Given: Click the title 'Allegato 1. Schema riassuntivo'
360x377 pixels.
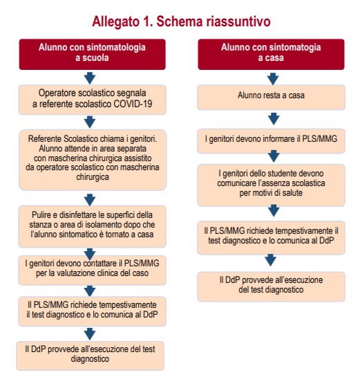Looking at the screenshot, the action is pos(181,22).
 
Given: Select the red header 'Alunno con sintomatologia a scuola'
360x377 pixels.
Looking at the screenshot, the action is pos(92,55).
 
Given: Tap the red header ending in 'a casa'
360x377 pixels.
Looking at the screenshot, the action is pos(271,55).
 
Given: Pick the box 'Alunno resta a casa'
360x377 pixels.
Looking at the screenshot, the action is pos(271,97).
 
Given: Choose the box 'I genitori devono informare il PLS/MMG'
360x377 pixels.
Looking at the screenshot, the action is pos(271,141).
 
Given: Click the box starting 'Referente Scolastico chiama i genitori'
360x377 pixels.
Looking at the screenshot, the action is pos(93,160).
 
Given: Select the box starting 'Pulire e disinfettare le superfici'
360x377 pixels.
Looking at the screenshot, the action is pos(92,226).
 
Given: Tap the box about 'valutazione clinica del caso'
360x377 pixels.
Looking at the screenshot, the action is pos(92,270).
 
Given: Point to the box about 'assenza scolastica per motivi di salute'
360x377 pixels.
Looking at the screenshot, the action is pos(271,185).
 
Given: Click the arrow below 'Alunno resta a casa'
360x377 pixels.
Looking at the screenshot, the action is pos(274,119).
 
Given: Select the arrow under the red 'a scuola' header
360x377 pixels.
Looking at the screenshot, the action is pos(90,78).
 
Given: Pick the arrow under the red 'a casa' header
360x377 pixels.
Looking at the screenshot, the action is pos(273,79).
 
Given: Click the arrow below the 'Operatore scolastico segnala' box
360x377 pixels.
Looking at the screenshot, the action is pos(90,122).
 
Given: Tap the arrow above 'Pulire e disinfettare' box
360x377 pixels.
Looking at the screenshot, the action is pos(90,200).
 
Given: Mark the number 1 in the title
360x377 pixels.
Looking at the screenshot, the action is pos(147,21).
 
